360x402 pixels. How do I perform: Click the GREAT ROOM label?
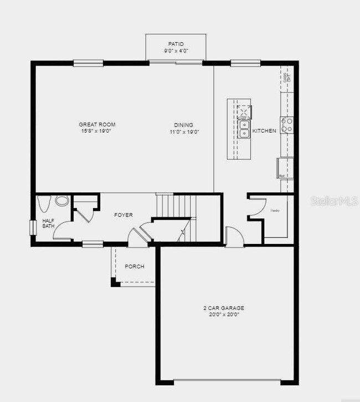coord(97,125)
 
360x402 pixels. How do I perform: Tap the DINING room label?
coord(184,125)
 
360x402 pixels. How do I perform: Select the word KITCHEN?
coord(264,131)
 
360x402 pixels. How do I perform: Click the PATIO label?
coord(176,43)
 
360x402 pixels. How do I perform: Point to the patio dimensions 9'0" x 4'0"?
coord(176,50)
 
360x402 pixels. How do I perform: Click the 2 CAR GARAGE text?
coord(224,308)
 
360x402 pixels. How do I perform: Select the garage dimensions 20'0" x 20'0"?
coord(224,314)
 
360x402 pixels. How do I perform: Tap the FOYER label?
coord(124,215)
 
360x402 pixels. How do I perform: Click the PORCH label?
coord(134,267)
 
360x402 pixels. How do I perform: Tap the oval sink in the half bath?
coord(62,200)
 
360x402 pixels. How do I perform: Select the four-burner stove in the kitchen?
coord(286,125)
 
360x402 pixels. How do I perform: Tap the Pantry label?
coord(275,211)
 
